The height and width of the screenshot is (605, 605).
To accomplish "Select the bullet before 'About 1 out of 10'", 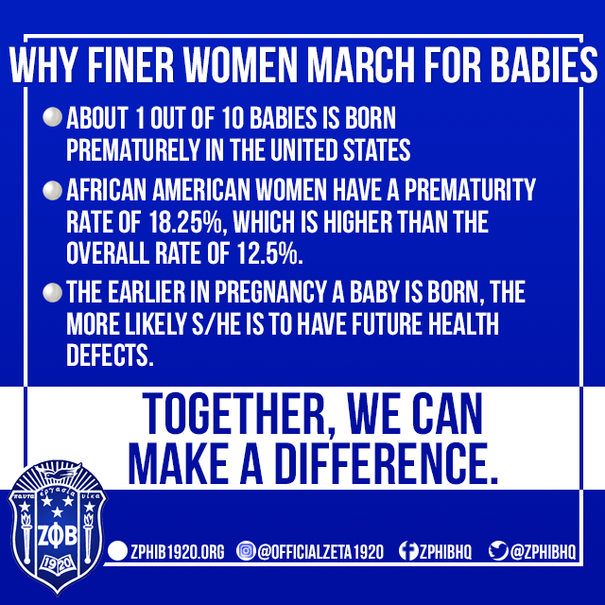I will pos(51,121).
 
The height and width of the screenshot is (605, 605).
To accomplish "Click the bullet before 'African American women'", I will pos(51,191).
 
